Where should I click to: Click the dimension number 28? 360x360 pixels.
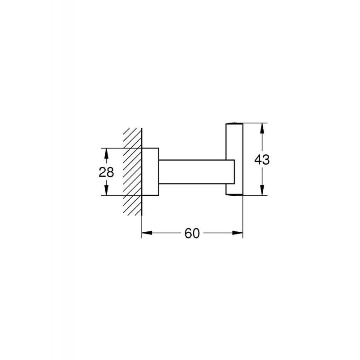point(106,172)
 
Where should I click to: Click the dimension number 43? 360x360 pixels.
point(262,159)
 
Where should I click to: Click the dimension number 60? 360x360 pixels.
point(192,233)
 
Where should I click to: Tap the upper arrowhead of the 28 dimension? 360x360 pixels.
point(106,154)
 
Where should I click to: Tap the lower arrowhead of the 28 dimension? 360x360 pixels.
point(106,189)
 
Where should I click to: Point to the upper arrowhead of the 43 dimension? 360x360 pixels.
point(262,129)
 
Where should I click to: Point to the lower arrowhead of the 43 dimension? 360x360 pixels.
point(262,189)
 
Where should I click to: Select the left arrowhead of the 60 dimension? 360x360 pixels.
point(148,233)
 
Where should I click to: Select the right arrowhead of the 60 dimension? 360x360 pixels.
point(237,233)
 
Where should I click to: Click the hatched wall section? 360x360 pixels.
point(132,172)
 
